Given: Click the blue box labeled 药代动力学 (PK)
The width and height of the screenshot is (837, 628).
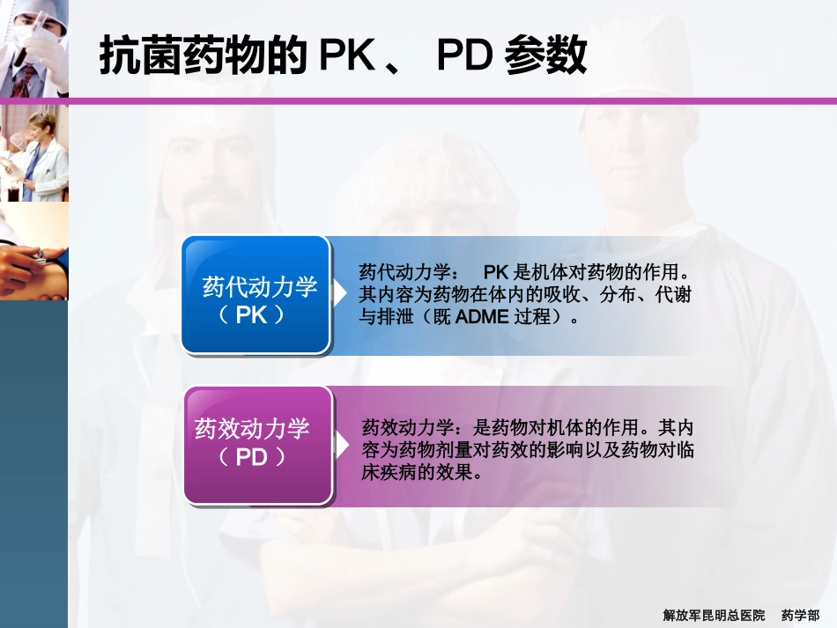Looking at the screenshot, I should click(x=256, y=295).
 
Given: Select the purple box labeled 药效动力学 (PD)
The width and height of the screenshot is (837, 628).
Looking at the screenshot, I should click(x=258, y=446).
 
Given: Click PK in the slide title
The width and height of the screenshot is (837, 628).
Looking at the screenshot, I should click(x=347, y=57).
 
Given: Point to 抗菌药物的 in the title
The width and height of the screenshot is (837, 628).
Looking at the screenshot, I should click(x=204, y=57).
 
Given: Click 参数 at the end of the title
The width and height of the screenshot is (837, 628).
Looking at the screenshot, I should click(x=545, y=57).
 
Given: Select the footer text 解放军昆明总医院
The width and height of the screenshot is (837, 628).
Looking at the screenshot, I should click(x=714, y=614).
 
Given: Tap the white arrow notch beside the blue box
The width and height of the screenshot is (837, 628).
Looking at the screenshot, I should click(x=338, y=294).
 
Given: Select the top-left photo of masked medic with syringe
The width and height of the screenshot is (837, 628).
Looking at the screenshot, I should click(x=33, y=48).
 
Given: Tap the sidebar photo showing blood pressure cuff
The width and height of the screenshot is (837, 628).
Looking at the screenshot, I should click(x=33, y=251).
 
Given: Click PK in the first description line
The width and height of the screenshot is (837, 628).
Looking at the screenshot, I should click(x=496, y=272).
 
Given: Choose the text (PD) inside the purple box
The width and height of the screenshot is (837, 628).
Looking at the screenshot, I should click(x=253, y=458).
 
